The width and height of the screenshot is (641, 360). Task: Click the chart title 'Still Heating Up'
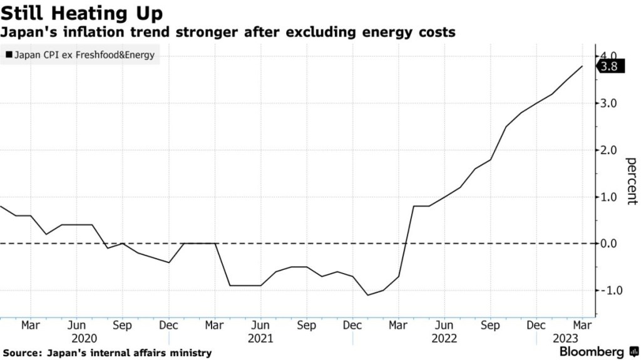tap(82, 13)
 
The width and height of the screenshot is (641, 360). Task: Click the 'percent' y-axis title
tap(631, 182)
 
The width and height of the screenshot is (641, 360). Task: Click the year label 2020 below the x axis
tap(84, 338)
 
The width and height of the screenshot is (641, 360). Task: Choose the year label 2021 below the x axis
tap(260, 338)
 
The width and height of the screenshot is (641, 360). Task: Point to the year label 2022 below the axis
tap(444, 338)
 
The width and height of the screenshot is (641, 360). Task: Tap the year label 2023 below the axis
tap(565, 338)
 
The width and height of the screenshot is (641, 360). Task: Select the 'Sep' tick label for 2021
tap(307, 326)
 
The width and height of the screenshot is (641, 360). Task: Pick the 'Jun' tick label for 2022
tap(444, 326)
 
